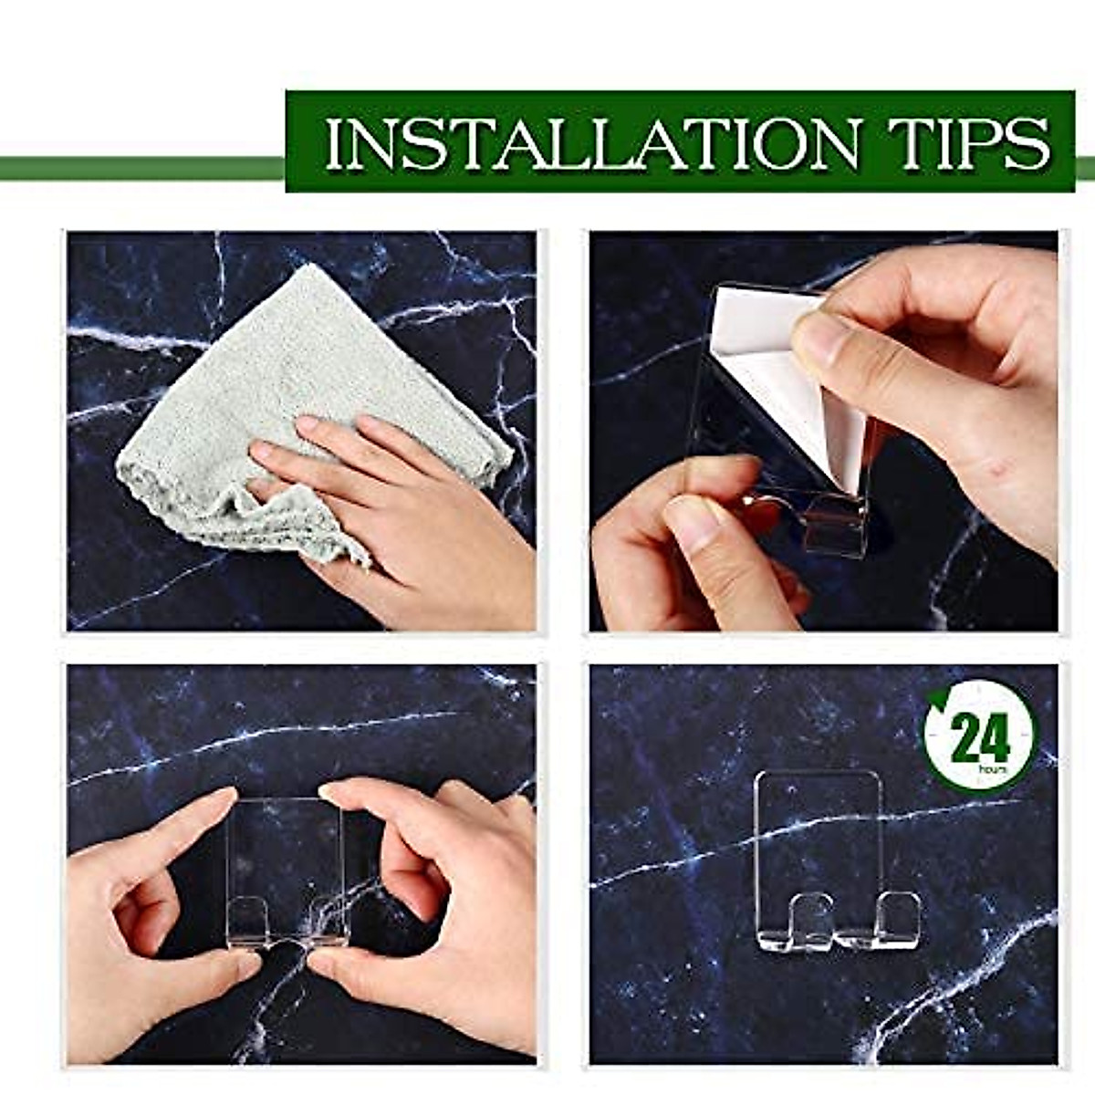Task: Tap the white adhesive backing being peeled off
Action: click(x=776, y=365)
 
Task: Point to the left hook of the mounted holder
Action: click(x=808, y=917)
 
